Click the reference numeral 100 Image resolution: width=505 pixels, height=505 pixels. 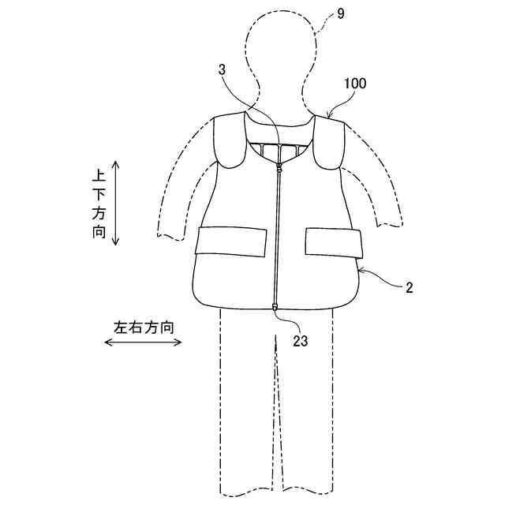[x=355, y=82]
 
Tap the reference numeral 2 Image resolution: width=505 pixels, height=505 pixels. [x=410, y=288]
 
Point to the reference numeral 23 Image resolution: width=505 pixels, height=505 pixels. [x=300, y=341]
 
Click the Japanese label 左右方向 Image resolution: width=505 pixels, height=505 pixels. [x=144, y=326]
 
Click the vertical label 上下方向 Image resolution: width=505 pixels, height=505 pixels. [x=99, y=203]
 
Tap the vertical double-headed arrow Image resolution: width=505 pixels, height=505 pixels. [x=116, y=203]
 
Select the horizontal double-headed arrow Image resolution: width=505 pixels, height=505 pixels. [x=144, y=342]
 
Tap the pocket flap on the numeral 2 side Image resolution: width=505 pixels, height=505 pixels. [x=333, y=242]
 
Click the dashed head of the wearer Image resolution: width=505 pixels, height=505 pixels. [x=282, y=59]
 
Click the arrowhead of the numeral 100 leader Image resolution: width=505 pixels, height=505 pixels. [x=327, y=117]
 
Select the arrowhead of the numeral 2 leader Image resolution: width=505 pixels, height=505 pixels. [x=359, y=271]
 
